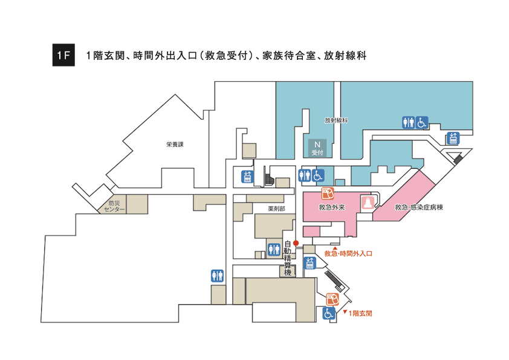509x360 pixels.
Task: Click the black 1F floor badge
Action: click(x=63, y=55)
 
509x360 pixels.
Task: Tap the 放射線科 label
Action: click(x=336, y=120)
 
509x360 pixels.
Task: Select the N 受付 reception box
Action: click(x=317, y=148)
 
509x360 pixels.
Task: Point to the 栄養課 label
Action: click(x=175, y=144)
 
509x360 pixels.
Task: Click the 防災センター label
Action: click(x=114, y=206)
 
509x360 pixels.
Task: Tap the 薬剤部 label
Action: click(x=276, y=209)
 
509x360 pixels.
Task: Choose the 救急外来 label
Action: click(x=331, y=207)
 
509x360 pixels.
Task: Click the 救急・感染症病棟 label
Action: click(x=419, y=207)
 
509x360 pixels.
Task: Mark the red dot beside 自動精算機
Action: click(x=296, y=243)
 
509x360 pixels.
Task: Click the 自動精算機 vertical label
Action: click(x=288, y=258)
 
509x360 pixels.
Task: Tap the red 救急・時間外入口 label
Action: click(x=348, y=254)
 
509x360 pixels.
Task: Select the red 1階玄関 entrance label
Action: click(x=360, y=313)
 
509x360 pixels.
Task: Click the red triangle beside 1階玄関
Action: click(x=345, y=312)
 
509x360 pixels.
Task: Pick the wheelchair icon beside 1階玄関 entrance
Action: click(x=329, y=313)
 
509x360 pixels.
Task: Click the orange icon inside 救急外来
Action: click(x=328, y=194)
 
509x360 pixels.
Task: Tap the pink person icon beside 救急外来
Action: click(x=368, y=203)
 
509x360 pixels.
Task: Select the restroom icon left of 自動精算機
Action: click(x=274, y=249)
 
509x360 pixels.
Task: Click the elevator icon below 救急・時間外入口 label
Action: click(x=310, y=263)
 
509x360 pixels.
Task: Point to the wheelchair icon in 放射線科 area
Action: click(x=421, y=122)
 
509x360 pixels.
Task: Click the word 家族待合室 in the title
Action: click(x=289, y=56)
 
